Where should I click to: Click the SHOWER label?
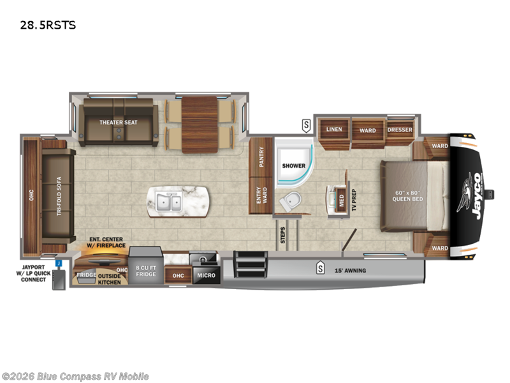click(x=294, y=166)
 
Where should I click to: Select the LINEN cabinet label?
click(x=335, y=130)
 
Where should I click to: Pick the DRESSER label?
click(x=400, y=130)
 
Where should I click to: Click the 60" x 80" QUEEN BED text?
click(x=408, y=195)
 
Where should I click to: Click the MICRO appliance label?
click(x=206, y=275)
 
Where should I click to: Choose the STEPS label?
click(x=282, y=234)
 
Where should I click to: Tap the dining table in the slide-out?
click(x=200, y=123)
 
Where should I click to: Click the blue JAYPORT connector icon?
click(x=58, y=262)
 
